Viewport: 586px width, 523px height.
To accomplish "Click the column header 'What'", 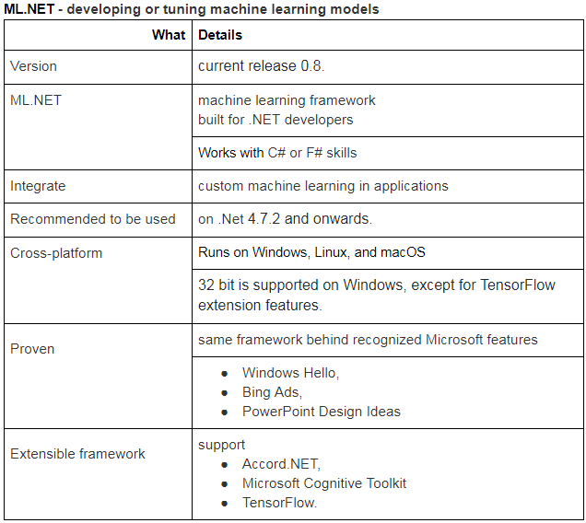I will [168, 35].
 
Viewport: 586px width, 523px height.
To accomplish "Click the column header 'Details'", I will [220, 35].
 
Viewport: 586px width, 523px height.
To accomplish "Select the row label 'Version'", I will [33, 66].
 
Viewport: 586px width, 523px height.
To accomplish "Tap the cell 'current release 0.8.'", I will [261, 66].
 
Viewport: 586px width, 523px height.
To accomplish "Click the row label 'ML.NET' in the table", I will [36, 99].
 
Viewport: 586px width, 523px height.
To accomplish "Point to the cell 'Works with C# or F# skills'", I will [277, 153].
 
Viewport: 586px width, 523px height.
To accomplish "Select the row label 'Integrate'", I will [38, 186].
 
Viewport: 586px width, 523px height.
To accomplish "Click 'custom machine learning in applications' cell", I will [322, 186].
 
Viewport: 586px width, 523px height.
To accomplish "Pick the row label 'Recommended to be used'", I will [92, 219].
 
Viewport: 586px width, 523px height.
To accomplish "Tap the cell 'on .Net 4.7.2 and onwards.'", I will [284, 219].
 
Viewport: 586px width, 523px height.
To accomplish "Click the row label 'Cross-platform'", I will [56, 252].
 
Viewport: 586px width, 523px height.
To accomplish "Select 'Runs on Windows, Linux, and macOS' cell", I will [311, 252].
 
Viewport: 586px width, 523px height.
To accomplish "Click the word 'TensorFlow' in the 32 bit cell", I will [518, 285].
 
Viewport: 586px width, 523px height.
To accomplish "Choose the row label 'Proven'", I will [32, 349].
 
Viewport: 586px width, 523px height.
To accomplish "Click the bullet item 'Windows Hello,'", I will [290, 373].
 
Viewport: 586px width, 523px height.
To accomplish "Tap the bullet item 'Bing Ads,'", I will [272, 392].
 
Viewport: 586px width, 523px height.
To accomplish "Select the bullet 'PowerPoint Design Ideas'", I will [321, 412].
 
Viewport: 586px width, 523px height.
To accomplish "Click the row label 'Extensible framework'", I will [77, 454].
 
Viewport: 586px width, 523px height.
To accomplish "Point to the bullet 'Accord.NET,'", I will [281, 464].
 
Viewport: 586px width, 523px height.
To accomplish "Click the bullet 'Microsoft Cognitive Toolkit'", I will [323, 483].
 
